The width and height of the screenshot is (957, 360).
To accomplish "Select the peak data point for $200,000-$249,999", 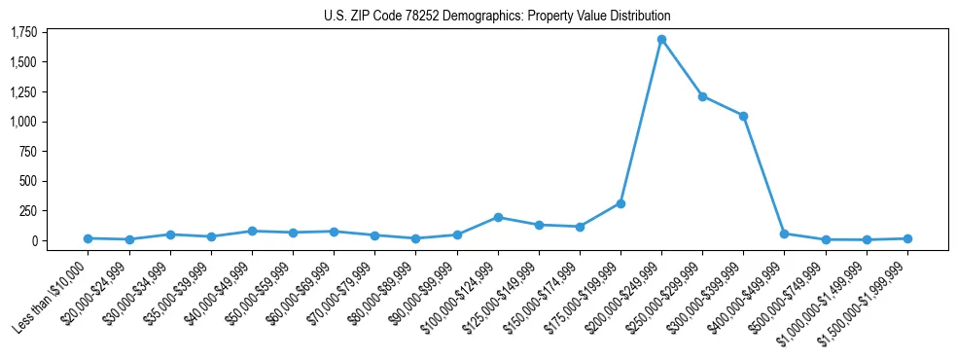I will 661,40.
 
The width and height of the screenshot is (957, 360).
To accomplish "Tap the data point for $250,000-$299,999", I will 702,96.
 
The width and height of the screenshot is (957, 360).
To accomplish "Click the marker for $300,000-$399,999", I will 743,116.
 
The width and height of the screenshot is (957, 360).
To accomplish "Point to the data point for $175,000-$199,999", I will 620,203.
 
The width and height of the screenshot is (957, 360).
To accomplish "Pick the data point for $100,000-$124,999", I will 498,217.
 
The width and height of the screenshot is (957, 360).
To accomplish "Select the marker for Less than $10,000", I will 89,238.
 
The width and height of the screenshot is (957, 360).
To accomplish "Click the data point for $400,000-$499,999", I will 784,234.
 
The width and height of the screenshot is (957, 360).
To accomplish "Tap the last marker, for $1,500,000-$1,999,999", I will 906,238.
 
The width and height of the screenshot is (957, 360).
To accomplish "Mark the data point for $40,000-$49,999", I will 252,231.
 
